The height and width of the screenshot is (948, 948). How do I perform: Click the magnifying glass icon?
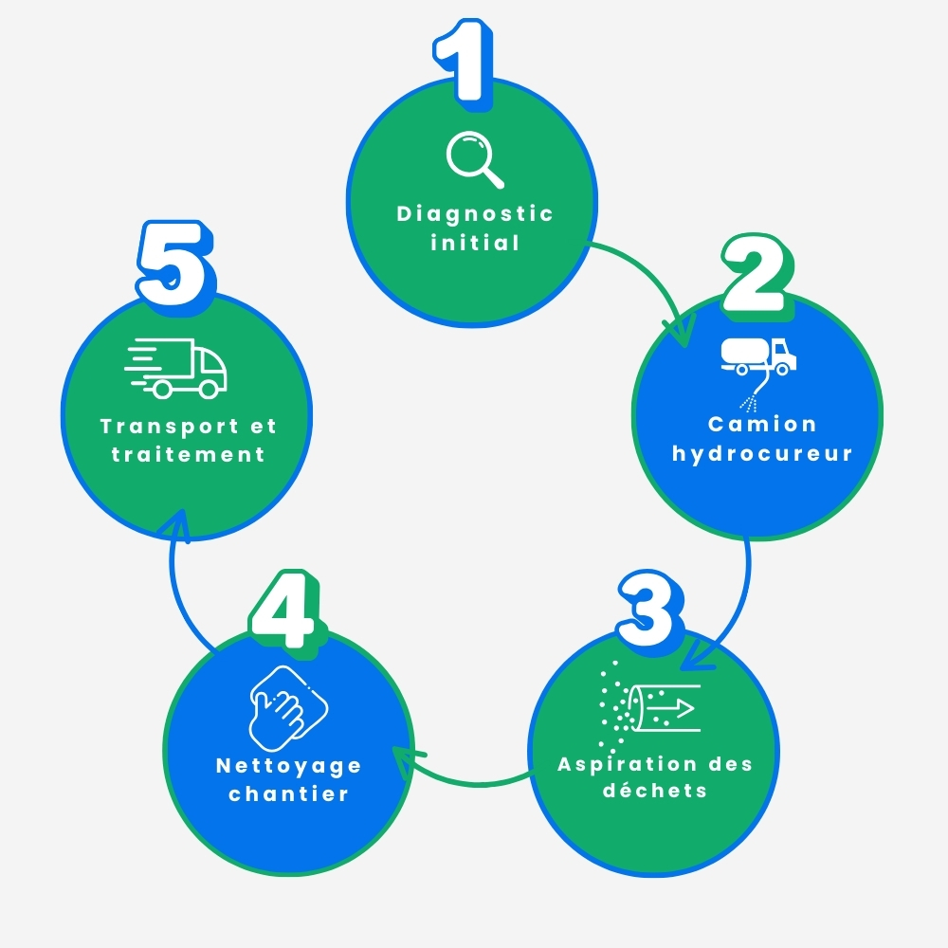(x=475, y=159)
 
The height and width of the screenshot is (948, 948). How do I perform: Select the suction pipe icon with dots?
(x=650, y=705)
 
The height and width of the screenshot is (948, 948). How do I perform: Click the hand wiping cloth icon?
(x=288, y=708)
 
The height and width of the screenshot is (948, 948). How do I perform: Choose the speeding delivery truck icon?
(x=175, y=368)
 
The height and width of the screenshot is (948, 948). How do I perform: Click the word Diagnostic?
(x=475, y=214)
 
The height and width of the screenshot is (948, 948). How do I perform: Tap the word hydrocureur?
(x=762, y=453)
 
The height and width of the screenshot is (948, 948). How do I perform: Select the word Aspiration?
(x=627, y=765)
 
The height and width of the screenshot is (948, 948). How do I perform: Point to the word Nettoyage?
(x=289, y=767)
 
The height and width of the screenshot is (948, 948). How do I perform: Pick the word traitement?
(x=188, y=454)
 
